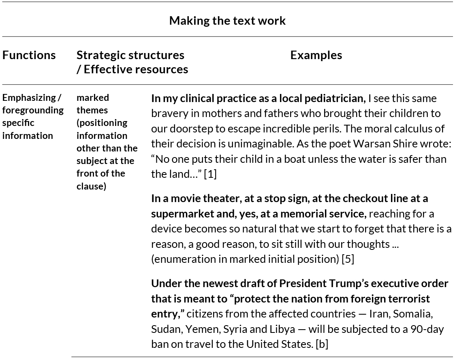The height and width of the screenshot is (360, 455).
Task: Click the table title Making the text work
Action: click(x=227, y=21)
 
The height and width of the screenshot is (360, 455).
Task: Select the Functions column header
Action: click(x=29, y=55)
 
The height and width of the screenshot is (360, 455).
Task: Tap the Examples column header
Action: click(x=316, y=55)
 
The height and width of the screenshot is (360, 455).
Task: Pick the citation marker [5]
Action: click(x=348, y=259)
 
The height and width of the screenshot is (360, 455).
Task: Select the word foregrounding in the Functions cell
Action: click(x=33, y=110)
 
